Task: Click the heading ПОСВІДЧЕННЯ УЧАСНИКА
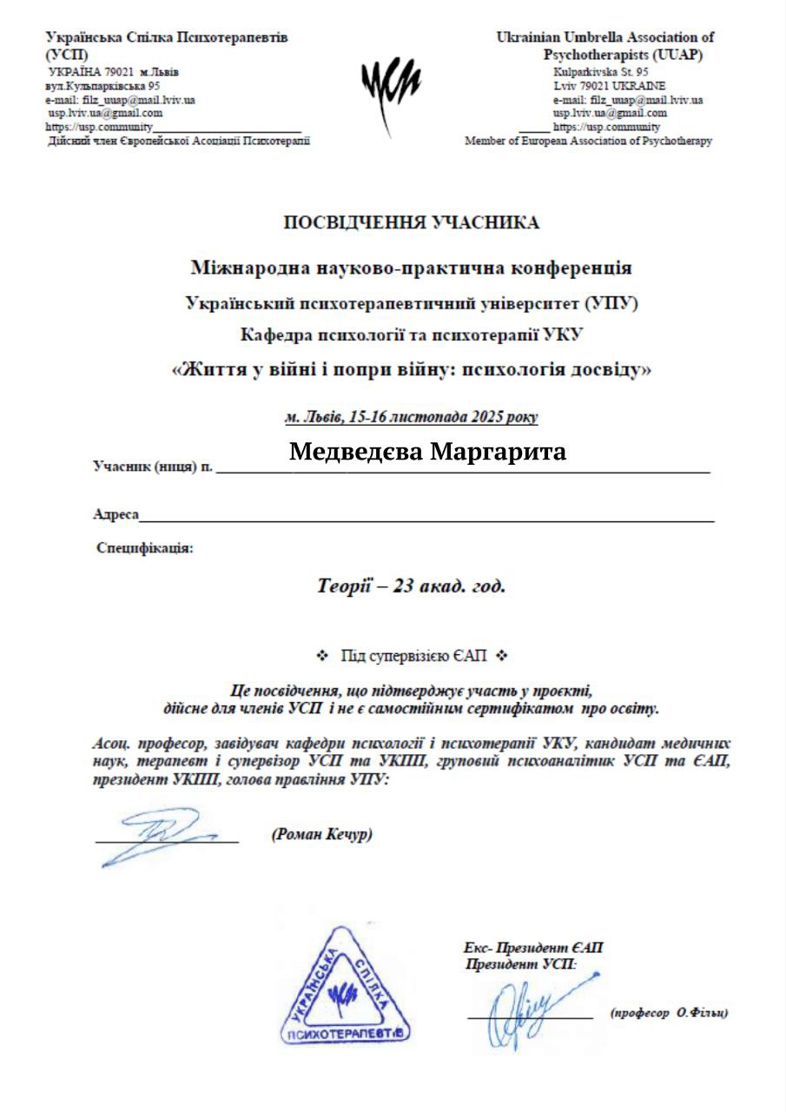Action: [x=412, y=223]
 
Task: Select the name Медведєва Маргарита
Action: [x=427, y=452]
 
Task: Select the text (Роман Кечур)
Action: [x=322, y=835]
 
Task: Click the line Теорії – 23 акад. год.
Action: [x=411, y=586]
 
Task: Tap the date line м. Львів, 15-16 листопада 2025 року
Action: [x=412, y=417]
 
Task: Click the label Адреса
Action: [x=116, y=514]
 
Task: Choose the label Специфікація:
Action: [x=145, y=548]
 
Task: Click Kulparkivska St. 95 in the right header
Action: [x=601, y=73]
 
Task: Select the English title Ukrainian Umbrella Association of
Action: [x=604, y=37]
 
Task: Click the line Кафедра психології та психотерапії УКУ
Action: [x=412, y=335]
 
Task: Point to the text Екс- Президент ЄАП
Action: [x=534, y=948]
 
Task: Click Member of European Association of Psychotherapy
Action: [x=588, y=141]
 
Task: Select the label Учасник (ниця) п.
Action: [x=153, y=467]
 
